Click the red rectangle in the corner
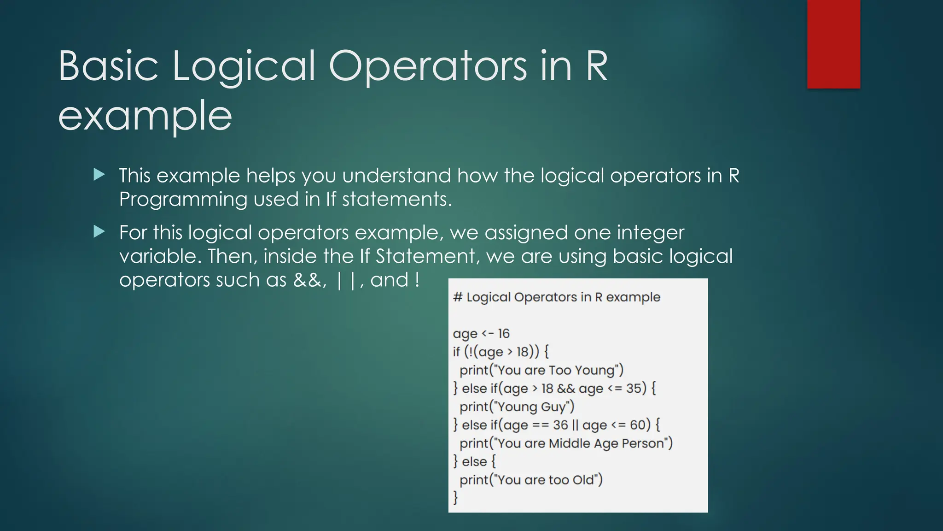click(833, 44)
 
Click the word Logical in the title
click(244, 67)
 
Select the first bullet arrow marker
click(99, 174)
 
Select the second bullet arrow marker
click(99, 231)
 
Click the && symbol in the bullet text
click(308, 280)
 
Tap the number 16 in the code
click(503, 334)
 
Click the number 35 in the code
click(634, 389)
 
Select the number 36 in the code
click(560, 425)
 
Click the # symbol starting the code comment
click(457, 297)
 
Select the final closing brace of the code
click(455, 497)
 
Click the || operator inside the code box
click(575, 425)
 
